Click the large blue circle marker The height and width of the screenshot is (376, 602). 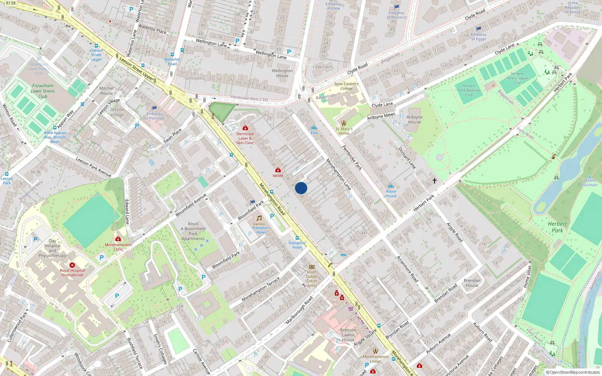tap(301, 188)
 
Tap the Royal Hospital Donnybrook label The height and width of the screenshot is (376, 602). tap(72, 273)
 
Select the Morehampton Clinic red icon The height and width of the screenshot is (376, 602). tap(118, 239)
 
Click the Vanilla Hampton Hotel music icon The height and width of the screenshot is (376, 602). tap(259, 218)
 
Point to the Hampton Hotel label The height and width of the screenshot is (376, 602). tap(297, 245)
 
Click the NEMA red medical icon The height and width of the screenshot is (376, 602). tap(278, 170)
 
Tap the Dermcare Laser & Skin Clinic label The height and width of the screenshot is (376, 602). tap(245, 138)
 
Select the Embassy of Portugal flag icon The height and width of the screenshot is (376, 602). tap(154, 108)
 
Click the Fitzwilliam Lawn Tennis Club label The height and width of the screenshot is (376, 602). tap(43, 91)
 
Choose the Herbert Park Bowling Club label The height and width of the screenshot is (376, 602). tap(468, 90)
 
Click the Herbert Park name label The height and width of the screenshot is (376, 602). tap(557, 227)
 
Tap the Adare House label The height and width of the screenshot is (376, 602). tap(391, 194)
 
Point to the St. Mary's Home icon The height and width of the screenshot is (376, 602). tap(344, 123)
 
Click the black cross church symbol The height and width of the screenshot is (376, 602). tap(435, 181)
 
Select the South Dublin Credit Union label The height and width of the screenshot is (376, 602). tap(312, 279)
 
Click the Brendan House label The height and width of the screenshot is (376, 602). tap(472, 283)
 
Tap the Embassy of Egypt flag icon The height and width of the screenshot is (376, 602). tap(479, 29)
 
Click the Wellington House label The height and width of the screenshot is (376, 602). tap(282, 73)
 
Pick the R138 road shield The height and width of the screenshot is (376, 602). tap(11, 3)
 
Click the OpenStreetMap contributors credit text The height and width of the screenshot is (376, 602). tap(573, 372)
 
